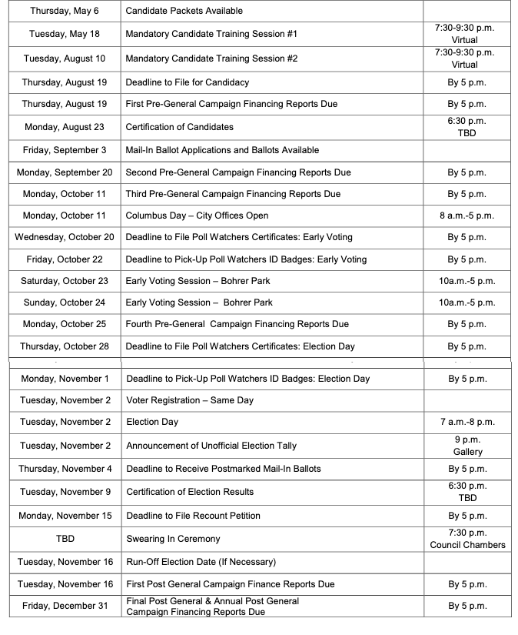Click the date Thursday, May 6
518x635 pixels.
[65, 11]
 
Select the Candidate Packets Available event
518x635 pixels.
[184, 11]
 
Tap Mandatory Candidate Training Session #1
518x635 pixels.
[211, 34]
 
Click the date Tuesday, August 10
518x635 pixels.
[65, 58]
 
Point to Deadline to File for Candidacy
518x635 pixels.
[187, 82]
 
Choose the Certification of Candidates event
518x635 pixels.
[179, 127]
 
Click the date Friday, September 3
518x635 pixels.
[65, 150]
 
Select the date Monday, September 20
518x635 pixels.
[65, 172]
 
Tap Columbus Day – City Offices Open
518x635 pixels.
[197, 216]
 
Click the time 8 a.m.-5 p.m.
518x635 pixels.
[467, 216]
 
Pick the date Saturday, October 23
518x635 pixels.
[65, 281]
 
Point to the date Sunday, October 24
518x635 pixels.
[65, 302]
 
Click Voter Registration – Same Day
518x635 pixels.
[189, 400]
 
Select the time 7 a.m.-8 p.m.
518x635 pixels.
[467, 422]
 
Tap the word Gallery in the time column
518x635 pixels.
[467, 452]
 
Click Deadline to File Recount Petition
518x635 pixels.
[193, 516]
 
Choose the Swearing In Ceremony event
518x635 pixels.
[173, 539]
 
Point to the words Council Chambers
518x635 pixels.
[467, 545]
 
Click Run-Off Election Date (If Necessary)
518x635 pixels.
[201, 562]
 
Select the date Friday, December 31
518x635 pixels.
[65, 606]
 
